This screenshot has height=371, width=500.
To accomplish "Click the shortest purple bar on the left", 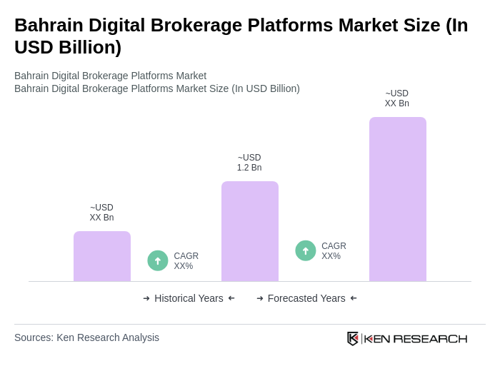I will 102,256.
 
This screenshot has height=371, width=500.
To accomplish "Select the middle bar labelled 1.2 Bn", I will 250,231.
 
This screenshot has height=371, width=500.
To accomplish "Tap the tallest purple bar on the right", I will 398,199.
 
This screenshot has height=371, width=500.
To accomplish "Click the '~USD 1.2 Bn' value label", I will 249,163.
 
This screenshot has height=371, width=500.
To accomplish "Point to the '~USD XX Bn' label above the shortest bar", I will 101,213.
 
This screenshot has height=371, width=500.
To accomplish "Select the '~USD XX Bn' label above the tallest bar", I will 397,98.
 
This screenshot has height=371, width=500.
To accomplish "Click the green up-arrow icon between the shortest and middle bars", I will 158,260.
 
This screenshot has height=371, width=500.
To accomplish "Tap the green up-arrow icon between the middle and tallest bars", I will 306,250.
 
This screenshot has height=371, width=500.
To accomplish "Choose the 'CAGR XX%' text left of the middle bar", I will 186,261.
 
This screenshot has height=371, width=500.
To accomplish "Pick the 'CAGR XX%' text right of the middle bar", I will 334,251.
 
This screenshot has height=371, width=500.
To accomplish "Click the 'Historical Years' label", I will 189,298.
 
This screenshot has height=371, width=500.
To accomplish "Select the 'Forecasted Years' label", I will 306,298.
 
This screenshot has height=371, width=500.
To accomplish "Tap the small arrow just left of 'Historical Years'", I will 146,298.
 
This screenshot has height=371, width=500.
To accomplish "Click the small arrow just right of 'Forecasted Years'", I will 354,298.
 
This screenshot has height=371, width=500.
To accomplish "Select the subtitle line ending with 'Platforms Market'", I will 110,76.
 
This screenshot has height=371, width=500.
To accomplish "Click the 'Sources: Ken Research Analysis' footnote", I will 86,337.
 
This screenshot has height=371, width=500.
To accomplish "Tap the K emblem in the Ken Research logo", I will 353,338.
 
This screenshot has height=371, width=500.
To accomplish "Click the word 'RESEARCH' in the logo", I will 430,338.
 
